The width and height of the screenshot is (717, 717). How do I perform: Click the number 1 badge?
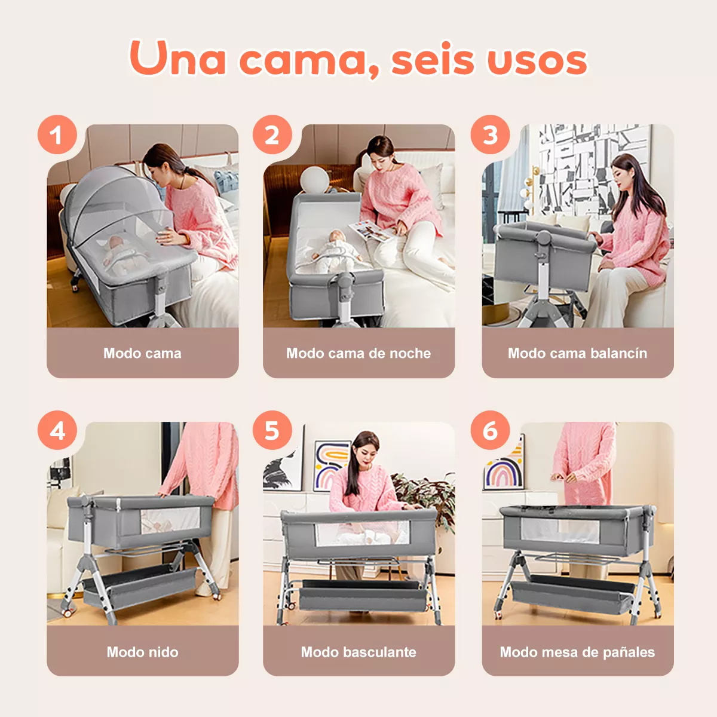pos(57,135)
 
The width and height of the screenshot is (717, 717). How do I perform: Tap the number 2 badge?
pos(272,135)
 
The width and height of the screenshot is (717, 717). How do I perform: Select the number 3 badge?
pos(490,135)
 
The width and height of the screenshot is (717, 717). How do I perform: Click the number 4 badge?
pos(57,430)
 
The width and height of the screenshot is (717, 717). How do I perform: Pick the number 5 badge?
pos(272,430)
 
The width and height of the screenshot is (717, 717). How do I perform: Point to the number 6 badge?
pos(490,430)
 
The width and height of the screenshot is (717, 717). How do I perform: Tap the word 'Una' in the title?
pos(177,60)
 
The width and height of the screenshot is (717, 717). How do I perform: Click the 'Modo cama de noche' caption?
pos(358,353)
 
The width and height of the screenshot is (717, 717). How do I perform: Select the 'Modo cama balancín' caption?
pos(577,353)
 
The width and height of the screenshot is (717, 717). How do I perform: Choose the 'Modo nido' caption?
pos(142,652)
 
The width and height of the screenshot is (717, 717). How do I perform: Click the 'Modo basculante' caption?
pos(358,652)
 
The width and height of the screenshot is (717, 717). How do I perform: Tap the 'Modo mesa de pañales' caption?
pos(577,652)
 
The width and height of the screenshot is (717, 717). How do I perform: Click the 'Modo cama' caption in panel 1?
pos(142,353)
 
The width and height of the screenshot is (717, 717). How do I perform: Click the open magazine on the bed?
pos(370,230)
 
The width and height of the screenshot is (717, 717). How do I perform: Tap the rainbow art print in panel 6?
pos(505,469)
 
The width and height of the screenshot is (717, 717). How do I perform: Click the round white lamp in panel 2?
pos(314,179)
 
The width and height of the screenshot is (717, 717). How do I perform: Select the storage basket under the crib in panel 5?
pos(363,595)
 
